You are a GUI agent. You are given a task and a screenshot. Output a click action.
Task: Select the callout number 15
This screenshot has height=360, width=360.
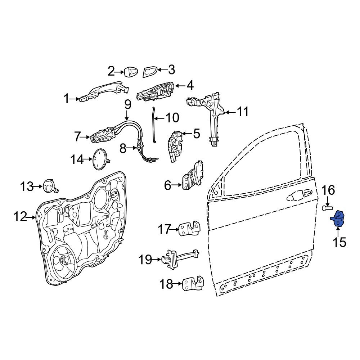coord(339,242)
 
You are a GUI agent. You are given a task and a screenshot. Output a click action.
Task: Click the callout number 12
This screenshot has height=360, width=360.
coord(21,217)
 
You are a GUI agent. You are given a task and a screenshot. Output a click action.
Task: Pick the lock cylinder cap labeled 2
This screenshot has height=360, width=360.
coord(131,72)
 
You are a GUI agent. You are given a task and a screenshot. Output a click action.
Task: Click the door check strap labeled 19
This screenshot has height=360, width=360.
coord(180,258)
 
